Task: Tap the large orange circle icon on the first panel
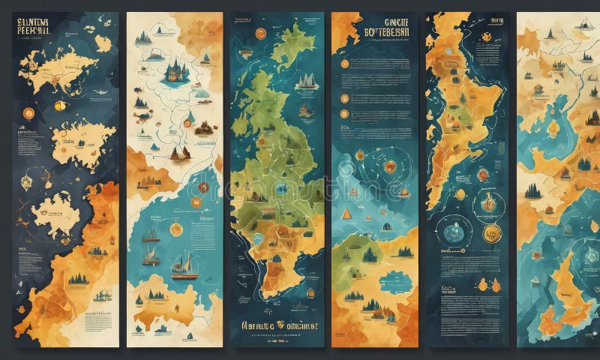pos(29,113)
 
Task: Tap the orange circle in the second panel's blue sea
pos(176,229)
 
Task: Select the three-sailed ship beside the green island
pos(304,80)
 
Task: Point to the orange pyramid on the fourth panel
pos(346,214)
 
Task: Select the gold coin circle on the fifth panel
pos(490,232)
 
